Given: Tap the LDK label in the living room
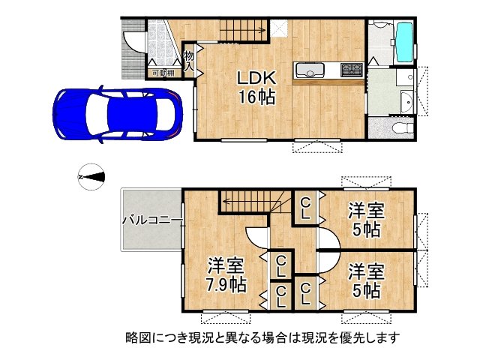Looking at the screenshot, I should [258, 77].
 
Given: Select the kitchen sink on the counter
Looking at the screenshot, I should [308, 71].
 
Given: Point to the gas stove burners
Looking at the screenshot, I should [351, 71].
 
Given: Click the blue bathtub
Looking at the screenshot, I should [403, 42].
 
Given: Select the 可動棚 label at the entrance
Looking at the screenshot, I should [162, 73].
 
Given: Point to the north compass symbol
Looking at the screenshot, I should [92, 177].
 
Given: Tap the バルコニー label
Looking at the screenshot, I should [150, 220].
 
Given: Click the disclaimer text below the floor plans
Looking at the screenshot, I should [262, 337].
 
